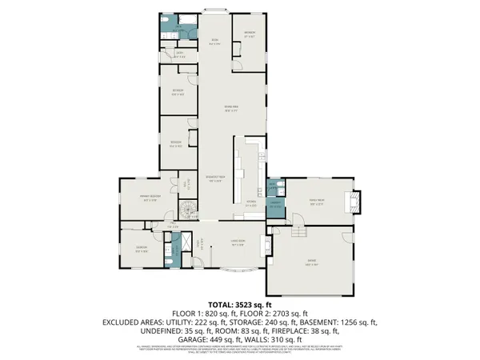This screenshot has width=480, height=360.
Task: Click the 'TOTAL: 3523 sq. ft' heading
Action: point(239,305)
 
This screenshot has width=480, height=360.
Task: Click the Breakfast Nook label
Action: point(214,180)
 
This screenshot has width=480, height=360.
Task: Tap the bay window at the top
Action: point(214,10)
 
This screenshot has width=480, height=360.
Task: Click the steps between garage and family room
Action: point(300,232)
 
